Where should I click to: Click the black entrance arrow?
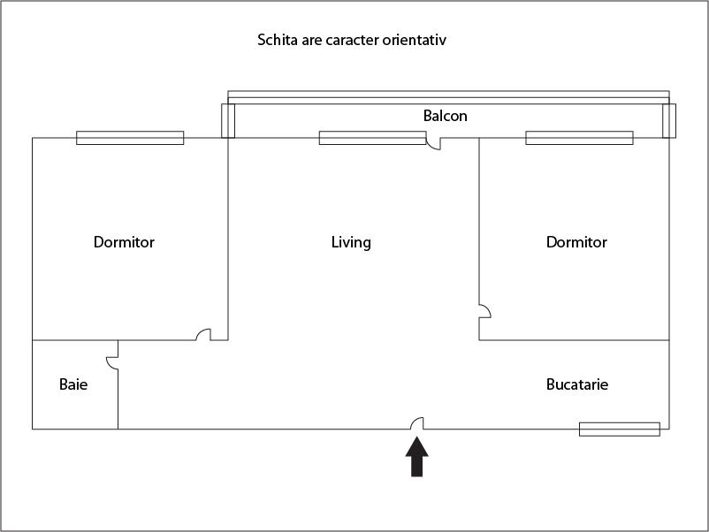coord(417,457)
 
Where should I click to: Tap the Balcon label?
coord(446,116)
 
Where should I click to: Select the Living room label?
coord(351,243)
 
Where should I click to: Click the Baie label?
coord(73,384)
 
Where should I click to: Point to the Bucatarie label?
coord(577,384)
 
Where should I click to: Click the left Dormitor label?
coord(124,242)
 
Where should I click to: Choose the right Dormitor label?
coord(576,242)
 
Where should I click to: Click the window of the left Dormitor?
coord(130,138)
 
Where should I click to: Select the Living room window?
coord(372,138)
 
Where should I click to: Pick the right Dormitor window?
coord(579,138)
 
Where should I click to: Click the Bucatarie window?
coord(620,429)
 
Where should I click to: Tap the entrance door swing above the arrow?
coord(417,423)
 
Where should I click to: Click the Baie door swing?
coord(112,363)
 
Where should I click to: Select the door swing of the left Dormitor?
coord(203,334)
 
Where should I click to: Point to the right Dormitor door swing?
coord(485,311)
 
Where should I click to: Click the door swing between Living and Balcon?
coord(433,144)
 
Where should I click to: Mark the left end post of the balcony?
coord(228,121)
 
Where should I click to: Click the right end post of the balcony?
coord(669,121)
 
